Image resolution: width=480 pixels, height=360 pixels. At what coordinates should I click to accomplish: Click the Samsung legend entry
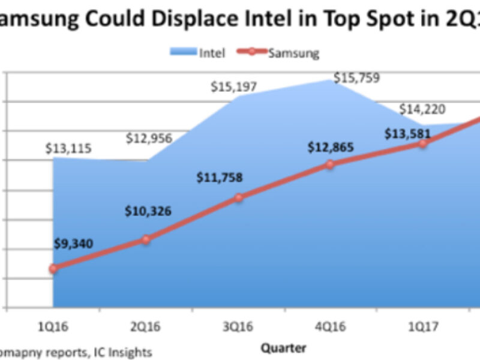pyautogui.click(x=282, y=52)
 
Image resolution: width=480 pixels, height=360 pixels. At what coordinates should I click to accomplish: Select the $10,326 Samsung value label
pyautogui.click(x=148, y=211)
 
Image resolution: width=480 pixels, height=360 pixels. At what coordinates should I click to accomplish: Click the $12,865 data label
pyautogui.click(x=331, y=146)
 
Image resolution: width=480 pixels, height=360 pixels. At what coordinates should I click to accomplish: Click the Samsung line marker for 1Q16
pyautogui.click(x=53, y=269)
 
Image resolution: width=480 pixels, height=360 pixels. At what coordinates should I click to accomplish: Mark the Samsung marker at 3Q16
pyautogui.click(x=238, y=197)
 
